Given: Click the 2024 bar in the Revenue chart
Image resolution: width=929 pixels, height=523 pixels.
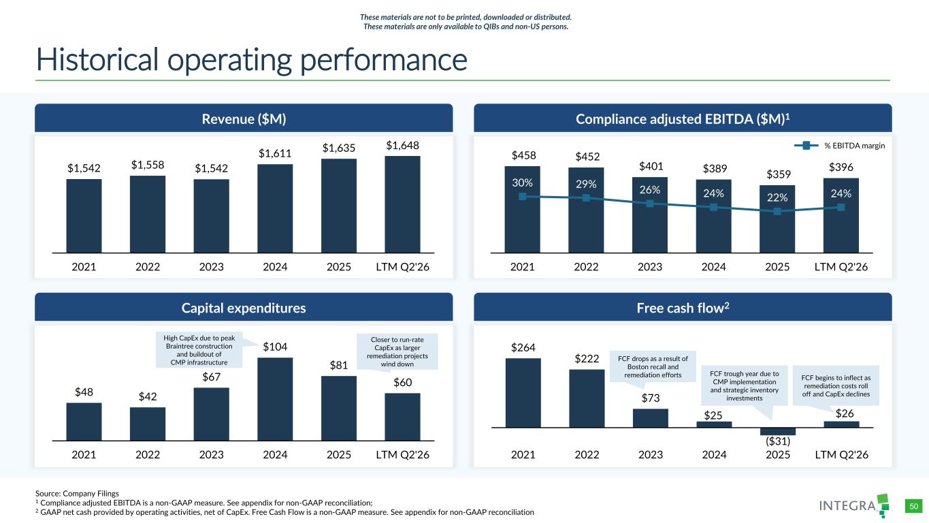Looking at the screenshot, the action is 275,208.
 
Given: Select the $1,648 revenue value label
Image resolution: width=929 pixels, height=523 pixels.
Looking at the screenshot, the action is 402,145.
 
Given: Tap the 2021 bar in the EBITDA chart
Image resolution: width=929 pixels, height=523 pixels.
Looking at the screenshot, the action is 522,210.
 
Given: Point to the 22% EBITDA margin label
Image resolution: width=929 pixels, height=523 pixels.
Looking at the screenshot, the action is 777,197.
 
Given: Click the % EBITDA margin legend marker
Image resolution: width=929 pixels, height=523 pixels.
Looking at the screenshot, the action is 806,146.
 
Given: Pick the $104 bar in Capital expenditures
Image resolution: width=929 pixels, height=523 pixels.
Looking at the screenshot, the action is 275,399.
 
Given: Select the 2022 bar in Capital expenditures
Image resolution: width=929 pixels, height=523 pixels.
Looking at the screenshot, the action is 148,424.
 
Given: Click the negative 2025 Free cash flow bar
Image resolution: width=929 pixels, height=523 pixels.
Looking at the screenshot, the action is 778,431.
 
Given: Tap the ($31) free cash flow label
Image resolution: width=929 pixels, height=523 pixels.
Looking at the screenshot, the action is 778,441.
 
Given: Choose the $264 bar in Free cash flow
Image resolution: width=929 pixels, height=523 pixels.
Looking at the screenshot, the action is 523,393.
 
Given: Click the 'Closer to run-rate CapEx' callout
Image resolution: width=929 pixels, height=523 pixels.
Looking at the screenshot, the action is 397,351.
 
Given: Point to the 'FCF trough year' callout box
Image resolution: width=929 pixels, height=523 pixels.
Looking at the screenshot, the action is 744,386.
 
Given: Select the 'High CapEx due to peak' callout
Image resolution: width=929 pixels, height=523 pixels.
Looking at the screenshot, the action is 199,350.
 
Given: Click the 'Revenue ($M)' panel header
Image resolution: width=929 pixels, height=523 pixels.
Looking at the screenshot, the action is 244,118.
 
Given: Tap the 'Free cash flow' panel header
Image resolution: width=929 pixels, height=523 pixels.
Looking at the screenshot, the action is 683,307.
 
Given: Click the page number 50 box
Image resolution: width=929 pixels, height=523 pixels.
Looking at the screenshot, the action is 913,507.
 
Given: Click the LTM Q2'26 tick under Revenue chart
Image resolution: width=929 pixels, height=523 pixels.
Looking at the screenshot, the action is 402,266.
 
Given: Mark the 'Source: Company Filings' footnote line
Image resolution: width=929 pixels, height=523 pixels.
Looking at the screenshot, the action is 77,494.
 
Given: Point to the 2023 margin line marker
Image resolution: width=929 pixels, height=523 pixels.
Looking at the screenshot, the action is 650,204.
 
